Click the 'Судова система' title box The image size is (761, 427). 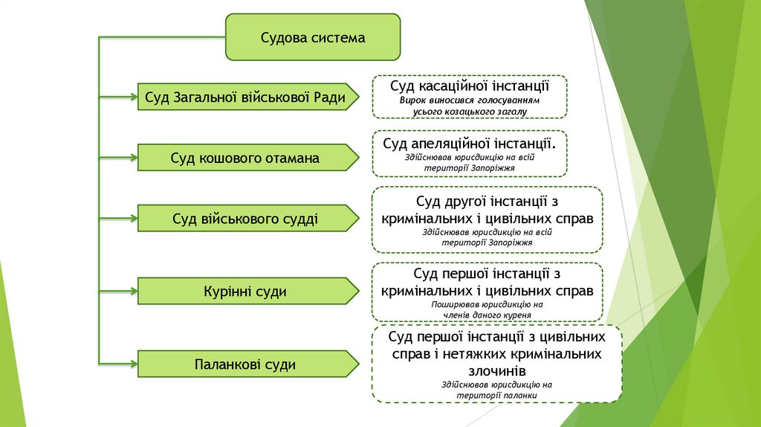[x=313, y=37]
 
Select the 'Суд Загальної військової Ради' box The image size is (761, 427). [x=245, y=97]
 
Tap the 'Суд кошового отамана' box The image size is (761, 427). [x=245, y=158]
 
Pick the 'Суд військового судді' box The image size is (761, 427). [x=245, y=219]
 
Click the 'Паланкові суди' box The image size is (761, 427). [x=245, y=365]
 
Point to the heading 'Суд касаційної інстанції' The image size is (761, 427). [x=470, y=86]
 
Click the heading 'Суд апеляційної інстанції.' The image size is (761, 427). [x=470, y=142]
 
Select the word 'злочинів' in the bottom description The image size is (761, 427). [x=497, y=370]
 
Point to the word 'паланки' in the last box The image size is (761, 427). [x=519, y=396]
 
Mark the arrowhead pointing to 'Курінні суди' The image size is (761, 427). [x=135, y=283]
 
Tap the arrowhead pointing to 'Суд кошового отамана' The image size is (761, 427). [x=135, y=156]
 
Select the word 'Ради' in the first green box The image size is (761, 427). [x=330, y=97]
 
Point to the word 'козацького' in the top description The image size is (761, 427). [x=467, y=112]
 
